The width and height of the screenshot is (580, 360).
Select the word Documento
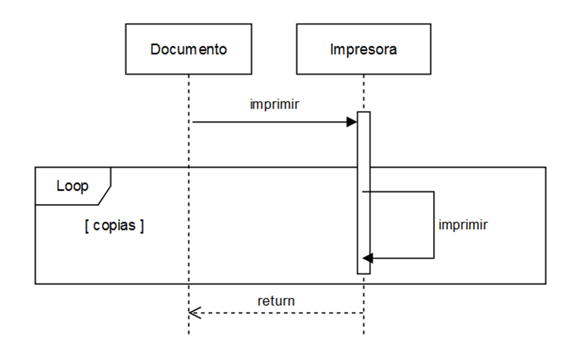click(x=188, y=50)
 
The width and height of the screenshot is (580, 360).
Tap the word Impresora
click(x=363, y=50)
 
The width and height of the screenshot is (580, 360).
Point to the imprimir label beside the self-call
click(x=463, y=225)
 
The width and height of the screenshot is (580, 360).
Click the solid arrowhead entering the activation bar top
click(x=352, y=122)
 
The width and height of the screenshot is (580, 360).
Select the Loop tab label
click(x=72, y=187)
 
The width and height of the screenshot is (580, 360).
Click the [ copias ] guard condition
click(x=114, y=226)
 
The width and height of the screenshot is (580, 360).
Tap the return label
click(x=276, y=301)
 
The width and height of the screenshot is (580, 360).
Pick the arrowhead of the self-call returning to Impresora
click(x=367, y=258)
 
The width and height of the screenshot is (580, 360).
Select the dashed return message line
click(x=279, y=313)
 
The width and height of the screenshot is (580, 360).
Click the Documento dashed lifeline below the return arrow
click(x=189, y=327)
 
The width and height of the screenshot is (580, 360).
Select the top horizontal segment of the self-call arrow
click(x=399, y=191)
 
